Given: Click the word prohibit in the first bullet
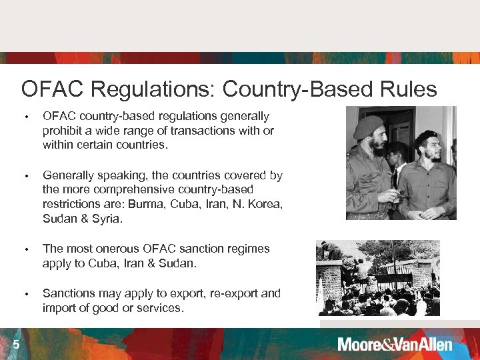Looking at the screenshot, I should [63, 131].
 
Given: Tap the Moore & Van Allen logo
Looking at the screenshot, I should [395, 345].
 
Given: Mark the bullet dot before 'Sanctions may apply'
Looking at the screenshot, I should [27, 294].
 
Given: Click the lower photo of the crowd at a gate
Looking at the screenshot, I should [378, 277].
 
